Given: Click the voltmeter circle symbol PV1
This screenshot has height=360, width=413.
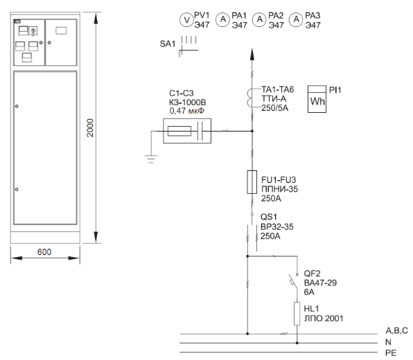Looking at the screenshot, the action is point(186,20).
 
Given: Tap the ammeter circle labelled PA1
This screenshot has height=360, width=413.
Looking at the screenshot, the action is point(223,19).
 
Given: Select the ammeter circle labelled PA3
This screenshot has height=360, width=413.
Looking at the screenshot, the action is point(296,19).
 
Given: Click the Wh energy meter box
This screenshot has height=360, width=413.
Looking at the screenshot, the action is point(317,99).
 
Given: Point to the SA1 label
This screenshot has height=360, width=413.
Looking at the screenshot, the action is point(167,44).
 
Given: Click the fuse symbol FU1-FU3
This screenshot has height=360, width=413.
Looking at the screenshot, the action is point(252,182).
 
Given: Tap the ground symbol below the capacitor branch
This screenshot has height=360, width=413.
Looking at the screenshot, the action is point(151,159).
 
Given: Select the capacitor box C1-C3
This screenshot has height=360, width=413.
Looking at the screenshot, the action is point(187,131).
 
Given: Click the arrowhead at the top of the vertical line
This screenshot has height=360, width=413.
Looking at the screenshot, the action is point(252,54).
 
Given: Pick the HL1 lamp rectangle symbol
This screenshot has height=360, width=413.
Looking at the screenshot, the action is point(297,314).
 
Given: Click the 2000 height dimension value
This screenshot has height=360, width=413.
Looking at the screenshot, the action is point(90,127).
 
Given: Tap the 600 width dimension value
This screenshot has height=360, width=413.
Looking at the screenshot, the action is point(44,252).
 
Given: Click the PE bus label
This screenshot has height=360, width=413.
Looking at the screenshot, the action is point(391,353).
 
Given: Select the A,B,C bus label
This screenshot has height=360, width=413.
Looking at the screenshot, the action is point(396,330).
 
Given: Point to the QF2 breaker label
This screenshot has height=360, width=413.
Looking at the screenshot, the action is point(312,273).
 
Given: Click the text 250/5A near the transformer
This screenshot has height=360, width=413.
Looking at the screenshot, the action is point(274,108).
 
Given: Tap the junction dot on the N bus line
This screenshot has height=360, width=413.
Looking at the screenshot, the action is point(297,343).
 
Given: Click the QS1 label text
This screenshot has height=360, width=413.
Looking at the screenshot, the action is point(269,217).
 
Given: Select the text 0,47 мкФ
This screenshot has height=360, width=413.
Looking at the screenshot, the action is point(186,111).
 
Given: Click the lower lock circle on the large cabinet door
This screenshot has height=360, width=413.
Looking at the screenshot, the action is point(17,189).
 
